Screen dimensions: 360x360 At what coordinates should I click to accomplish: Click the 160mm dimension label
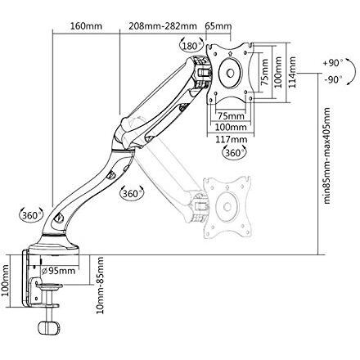point(86,26)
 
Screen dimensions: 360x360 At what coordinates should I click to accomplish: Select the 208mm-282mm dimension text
point(163,26)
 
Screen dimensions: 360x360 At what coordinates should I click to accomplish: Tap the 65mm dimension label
point(218,26)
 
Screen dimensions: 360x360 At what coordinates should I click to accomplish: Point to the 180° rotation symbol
point(192,45)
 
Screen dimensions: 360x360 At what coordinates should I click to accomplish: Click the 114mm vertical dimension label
point(292,72)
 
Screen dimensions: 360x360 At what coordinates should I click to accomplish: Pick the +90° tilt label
point(333,63)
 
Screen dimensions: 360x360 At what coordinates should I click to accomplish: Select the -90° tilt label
point(333,80)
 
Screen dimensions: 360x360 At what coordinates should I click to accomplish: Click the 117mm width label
point(232,139)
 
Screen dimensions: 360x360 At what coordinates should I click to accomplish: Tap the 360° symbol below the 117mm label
point(235,152)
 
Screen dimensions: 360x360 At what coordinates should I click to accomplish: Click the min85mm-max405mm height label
point(327,155)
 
